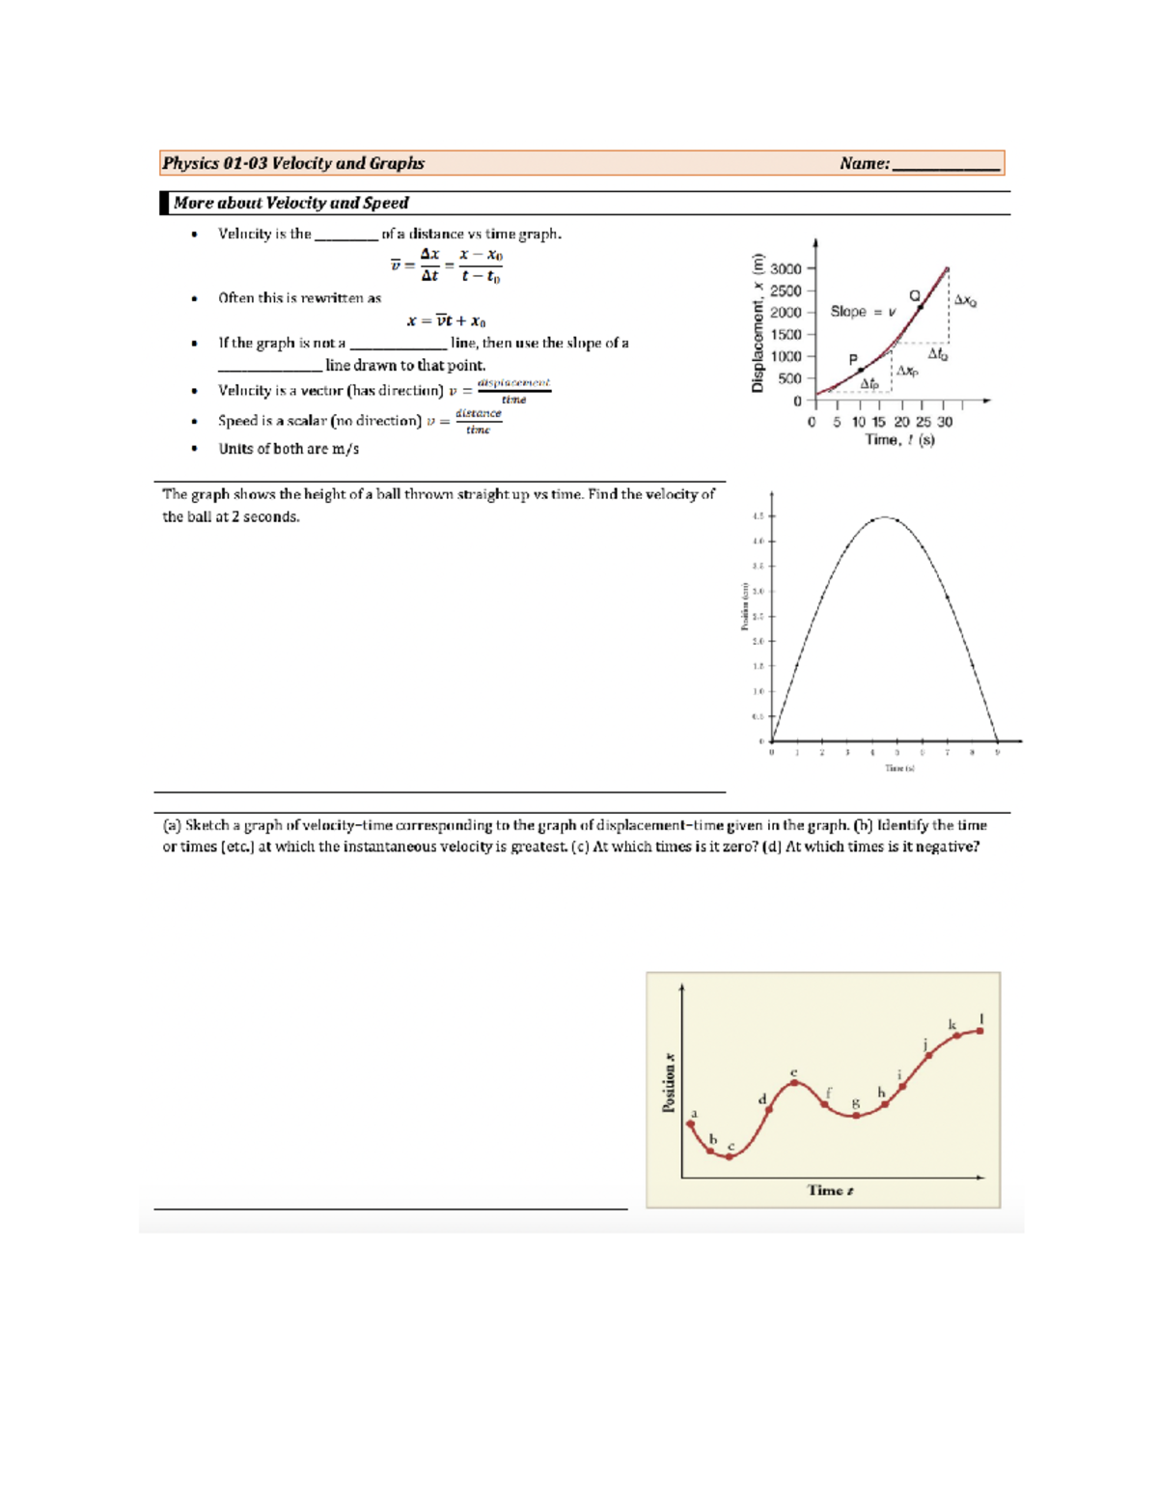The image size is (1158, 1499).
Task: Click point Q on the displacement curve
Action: (x=921, y=307)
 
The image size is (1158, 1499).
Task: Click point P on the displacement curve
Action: (x=861, y=371)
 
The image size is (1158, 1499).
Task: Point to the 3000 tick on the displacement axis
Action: (x=786, y=269)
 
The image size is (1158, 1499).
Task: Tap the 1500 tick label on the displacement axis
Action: (x=786, y=335)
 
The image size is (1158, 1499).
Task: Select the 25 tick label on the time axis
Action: (x=924, y=422)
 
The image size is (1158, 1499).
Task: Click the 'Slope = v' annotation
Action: (x=863, y=312)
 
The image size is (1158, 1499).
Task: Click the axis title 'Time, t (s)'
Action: (x=899, y=440)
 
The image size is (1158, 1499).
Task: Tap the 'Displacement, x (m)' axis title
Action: (x=758, y=323)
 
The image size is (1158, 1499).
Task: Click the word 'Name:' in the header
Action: (x=864, y=164)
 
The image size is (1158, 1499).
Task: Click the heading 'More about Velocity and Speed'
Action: (x=290, y=204)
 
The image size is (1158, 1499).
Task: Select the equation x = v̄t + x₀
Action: (x=446, y=321)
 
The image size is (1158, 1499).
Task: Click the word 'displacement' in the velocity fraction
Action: (x=513, y=383)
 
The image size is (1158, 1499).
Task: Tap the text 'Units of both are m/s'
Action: (x=289, y=449)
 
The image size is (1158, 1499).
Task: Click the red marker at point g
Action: (x=856, y=1116)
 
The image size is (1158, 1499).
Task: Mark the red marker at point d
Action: (x=769, y=1110)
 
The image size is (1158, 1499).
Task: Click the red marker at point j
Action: (x=929, y=1056)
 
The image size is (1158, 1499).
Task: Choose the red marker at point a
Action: (x=691, y=1124)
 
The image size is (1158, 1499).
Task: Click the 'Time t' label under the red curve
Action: (x=830, y=1191)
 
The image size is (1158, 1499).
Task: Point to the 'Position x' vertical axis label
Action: (x=669, y=1083)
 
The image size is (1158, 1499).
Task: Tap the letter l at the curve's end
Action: (x=981, y=1019)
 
